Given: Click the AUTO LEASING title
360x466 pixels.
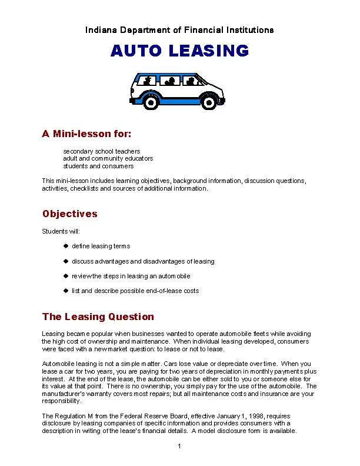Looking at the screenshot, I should click(179, 51).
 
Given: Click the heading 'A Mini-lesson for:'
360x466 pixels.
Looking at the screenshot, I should click(86, 134).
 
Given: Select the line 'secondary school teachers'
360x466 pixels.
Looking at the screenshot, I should click(101, 151).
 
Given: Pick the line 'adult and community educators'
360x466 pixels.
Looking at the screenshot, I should click(108, 158).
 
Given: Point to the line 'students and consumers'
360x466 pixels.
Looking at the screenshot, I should click(98, 166).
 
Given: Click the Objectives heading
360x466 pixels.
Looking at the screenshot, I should click(69, 214).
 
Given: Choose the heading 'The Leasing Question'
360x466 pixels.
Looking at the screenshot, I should click(98, 317).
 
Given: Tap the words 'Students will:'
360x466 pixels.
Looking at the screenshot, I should click(61, 231).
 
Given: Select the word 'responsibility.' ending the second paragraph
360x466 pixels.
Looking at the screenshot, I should click(61, 401).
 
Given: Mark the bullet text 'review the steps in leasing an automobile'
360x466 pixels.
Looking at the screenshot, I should click(131, 276).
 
